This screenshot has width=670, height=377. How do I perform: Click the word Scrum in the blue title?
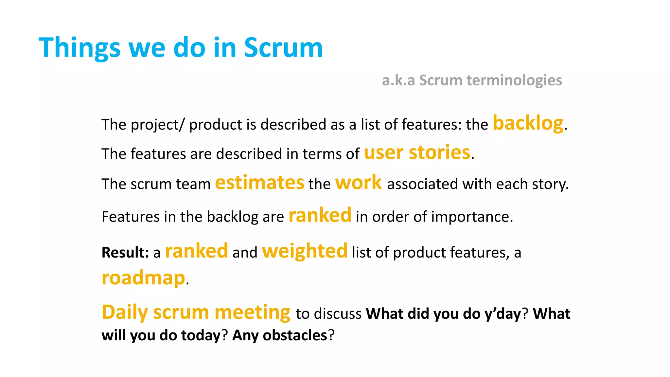283,48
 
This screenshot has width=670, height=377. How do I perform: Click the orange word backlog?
528,123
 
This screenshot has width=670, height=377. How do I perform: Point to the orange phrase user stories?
417,153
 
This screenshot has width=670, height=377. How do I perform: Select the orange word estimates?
259,183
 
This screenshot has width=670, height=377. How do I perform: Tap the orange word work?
358,183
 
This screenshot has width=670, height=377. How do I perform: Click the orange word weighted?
305,251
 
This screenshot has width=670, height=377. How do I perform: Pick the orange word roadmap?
143,278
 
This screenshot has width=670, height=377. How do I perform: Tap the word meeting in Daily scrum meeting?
252,312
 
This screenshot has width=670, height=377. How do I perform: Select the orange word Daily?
125,312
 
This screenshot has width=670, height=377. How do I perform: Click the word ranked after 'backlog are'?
320,215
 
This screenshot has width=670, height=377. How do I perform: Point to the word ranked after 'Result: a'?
196,251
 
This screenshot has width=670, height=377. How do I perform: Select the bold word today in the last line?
201,335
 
